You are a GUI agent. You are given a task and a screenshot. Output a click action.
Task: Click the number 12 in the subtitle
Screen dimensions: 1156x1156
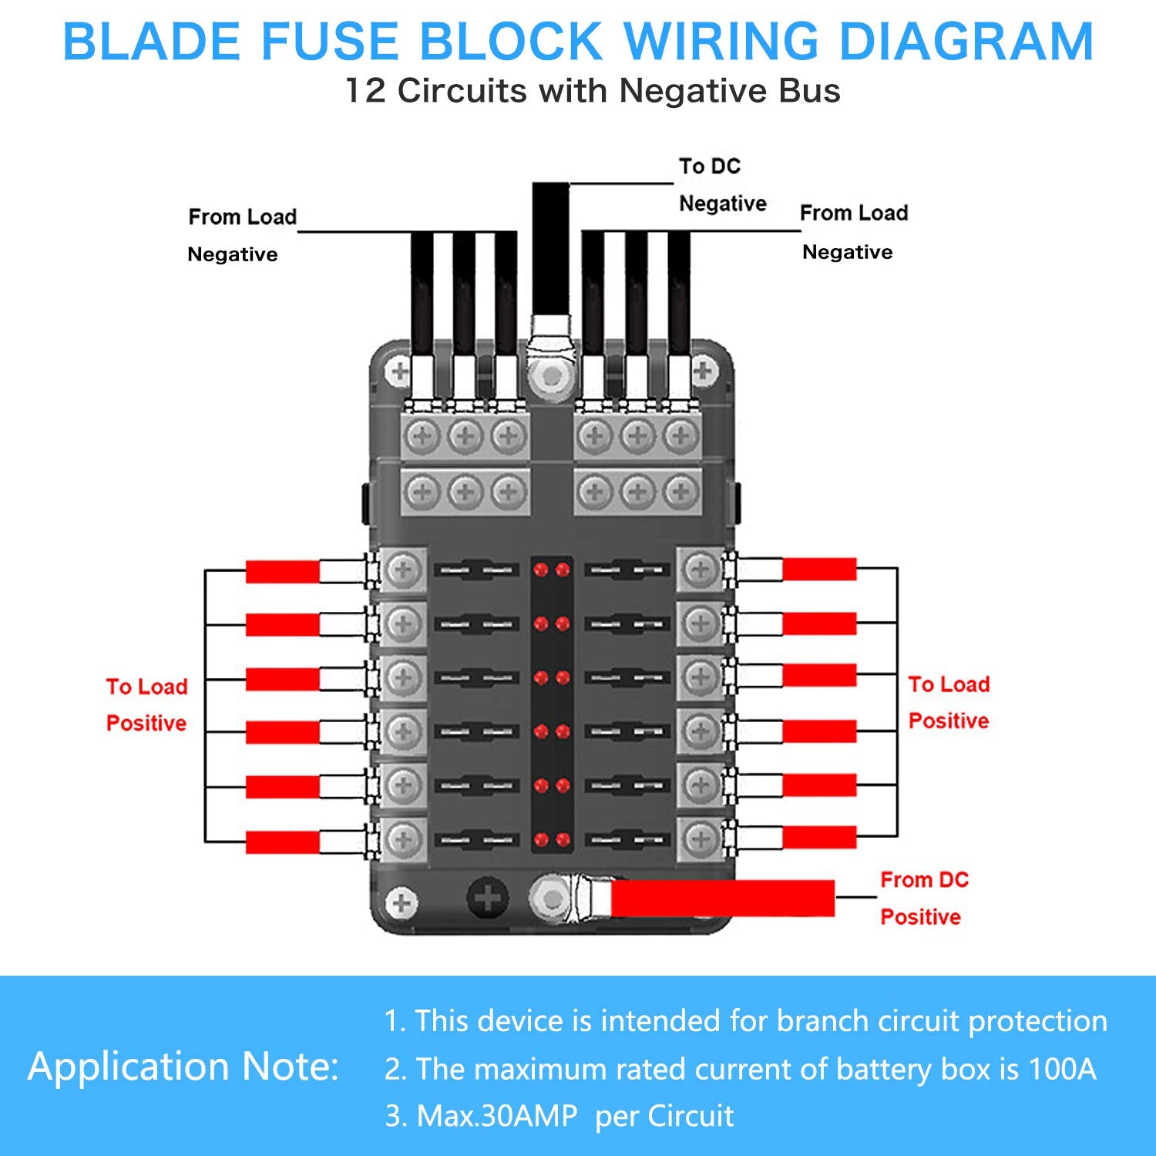tap(365, 91)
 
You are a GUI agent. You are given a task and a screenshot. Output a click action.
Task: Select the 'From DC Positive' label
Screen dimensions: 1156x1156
tap(922, 898)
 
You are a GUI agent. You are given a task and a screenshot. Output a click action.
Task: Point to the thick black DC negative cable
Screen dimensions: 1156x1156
tap(550, 247)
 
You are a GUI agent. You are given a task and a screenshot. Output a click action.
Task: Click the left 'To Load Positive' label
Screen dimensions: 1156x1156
tap(146, 704)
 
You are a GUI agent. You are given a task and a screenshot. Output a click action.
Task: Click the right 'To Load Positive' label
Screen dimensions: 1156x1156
tap(949, 702)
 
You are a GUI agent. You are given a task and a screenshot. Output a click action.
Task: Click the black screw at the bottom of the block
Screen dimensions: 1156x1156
tap(487, 898)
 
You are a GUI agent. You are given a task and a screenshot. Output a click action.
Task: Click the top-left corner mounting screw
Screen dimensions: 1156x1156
tap(399, 372)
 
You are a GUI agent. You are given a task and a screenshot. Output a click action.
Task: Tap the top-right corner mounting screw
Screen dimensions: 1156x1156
tap(702, 371)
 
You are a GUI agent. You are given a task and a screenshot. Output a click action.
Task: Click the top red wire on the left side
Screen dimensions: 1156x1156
tap(282, 571)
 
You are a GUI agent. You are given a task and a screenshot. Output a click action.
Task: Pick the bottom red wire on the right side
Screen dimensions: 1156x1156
tap(819, 837)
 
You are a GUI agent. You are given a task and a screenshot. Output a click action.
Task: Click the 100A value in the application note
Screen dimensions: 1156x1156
tap(1061, 1069)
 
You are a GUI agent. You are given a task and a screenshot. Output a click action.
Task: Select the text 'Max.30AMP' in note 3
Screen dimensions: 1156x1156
tap(496, 1116)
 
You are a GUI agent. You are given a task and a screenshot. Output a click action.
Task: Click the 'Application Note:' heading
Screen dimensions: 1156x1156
tap(183, 1067)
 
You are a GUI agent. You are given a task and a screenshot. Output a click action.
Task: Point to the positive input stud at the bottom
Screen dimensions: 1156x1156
tap(550, 899)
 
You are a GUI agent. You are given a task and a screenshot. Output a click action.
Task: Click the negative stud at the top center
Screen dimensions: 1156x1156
tap(550, 376)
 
